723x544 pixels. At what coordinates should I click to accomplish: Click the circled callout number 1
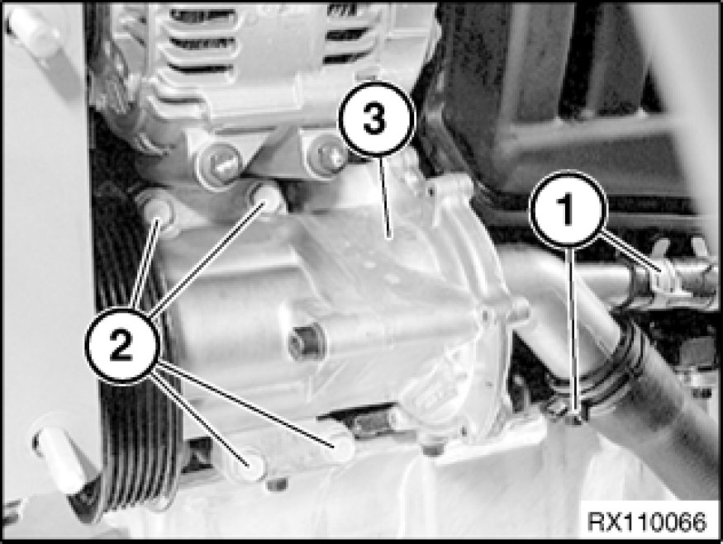(567, 208)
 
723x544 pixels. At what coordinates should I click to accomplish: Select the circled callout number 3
(376, 119)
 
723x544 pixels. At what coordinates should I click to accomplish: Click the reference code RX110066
(646, 523)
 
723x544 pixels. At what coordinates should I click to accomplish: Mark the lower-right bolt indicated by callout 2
(339, 443)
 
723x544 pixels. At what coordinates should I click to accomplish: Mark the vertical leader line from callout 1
(572, 327)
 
